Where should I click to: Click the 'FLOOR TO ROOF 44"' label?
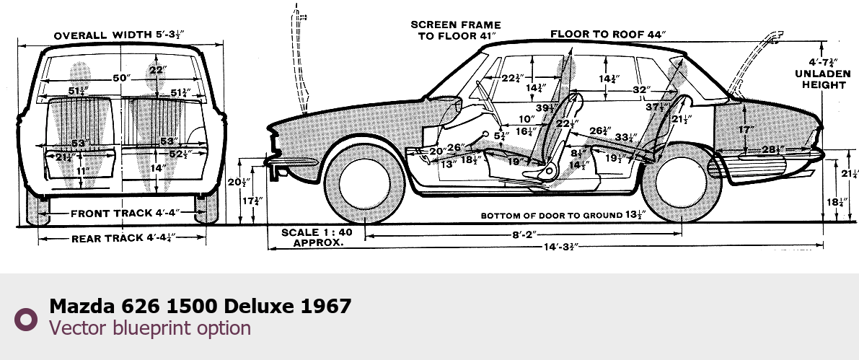click(x=607, y=34)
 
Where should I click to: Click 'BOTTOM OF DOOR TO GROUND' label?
click(x=563, y=215)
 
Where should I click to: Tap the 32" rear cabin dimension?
click(x=638, y=89)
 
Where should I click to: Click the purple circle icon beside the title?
click(x=26, y=318)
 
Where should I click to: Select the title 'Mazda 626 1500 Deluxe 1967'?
click(x=200, y=306)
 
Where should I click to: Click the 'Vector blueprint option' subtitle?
click(x=149, y=328)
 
